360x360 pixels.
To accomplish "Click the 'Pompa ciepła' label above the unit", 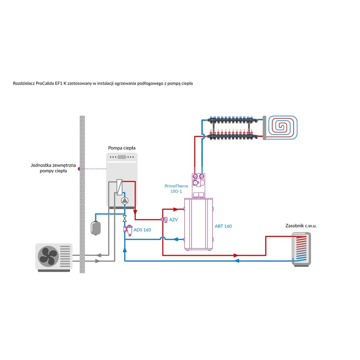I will [x=122, y=148].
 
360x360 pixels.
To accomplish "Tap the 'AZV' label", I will [x=174, y=219].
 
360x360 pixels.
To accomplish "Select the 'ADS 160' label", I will [x=142, y=230].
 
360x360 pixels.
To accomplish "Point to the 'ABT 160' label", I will [x=223, y=226].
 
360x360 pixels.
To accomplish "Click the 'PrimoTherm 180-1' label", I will [x=175, y=189].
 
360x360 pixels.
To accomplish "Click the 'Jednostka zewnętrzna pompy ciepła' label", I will [x=53, y=168].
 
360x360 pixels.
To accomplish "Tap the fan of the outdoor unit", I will [x=48, y=256].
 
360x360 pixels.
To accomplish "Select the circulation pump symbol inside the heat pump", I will [x=124, y=201].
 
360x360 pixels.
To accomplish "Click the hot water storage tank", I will [x=301, y=249].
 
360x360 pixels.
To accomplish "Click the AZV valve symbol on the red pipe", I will [x=164, y=220].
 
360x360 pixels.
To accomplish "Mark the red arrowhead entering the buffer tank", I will [x=176, y=209].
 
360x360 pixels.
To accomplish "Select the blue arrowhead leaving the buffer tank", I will [x=176, y=239].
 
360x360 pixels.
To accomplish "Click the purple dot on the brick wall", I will [x=79, y=168].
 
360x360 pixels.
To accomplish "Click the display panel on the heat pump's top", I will [x=122, y=157].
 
